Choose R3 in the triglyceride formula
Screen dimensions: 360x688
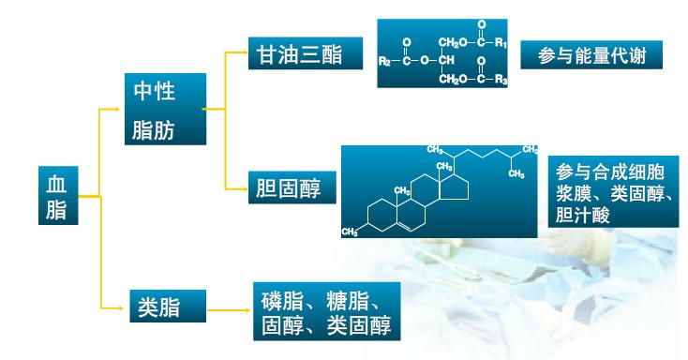502,79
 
